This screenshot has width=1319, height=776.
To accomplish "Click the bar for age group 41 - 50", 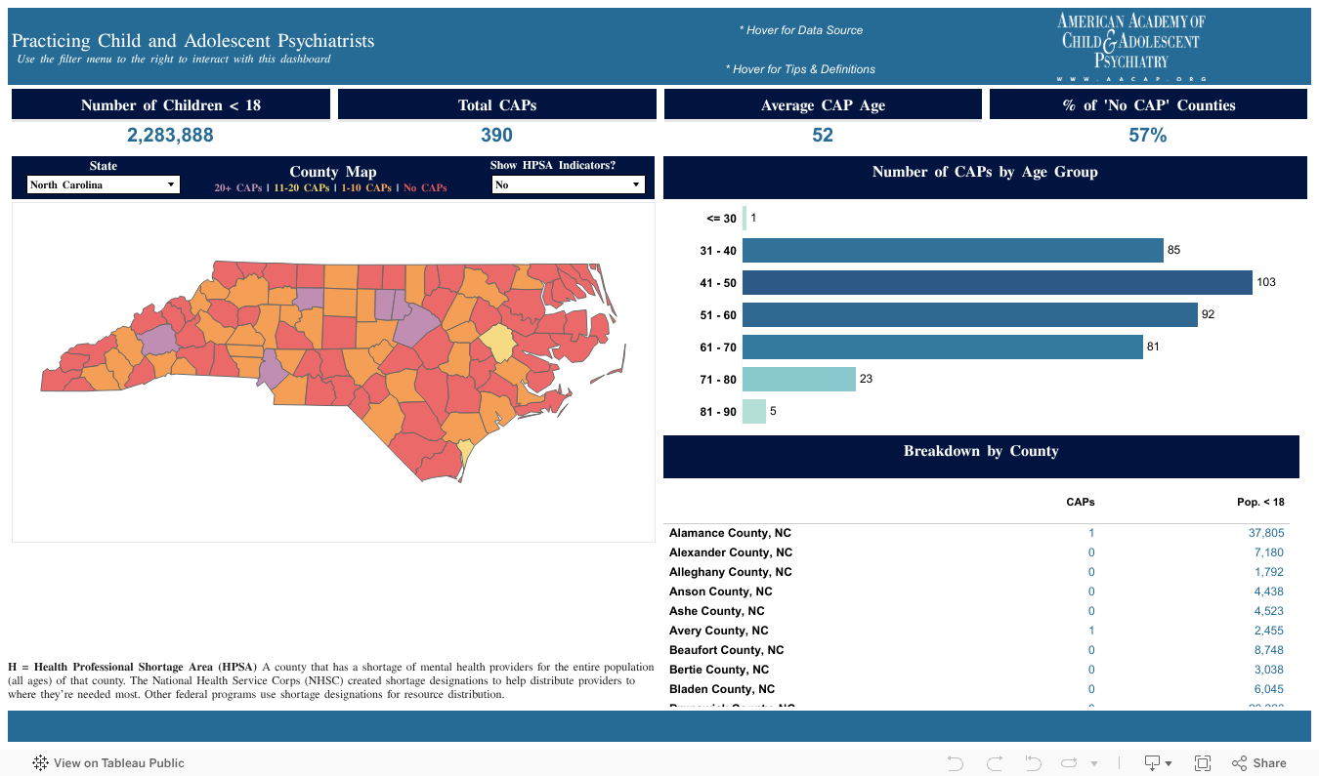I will pyautogui.click(x=997, y=283).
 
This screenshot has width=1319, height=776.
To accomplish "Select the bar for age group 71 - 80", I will pyautogui.click(x=798, y=379).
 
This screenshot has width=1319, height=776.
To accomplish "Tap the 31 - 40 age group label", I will pyautogui.click(x=718, y=251).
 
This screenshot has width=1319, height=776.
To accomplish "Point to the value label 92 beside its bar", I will pyautogui.click(x=1208, y=314).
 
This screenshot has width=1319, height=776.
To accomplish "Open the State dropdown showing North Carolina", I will pyautogui.click(x=104, y=184).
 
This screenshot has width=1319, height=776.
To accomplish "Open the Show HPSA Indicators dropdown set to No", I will pyautogui.click(x=568, y=184).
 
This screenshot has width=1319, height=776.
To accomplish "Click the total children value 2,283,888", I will pyautogui.click(x=170, y=136).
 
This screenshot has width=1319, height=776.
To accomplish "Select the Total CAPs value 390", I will pyautogui.click(x=496, y=136).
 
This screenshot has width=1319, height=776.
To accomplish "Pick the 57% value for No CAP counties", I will pyautogui.click(x=1147, y=136).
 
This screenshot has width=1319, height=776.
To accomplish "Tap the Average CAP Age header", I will pyautogui.click(x=823, y=105).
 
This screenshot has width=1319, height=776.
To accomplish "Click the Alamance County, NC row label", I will pyautogui.click(x=730, y=533).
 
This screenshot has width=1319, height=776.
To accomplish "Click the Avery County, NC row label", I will pyautogui.click(x=718, y=631).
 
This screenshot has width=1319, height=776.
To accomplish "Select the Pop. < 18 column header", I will pyautogui.click(x=1260, y=502).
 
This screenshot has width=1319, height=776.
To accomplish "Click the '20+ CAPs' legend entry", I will pyautogui.click(x=237, y=187).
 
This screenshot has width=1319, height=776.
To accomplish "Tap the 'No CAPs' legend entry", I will pyautogui.click(x=425, y=187).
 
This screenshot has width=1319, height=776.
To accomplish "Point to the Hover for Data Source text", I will pyautogui.click(x=801, y=30).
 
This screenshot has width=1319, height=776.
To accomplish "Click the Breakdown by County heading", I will pyautogui.click(x=981, y=451).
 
